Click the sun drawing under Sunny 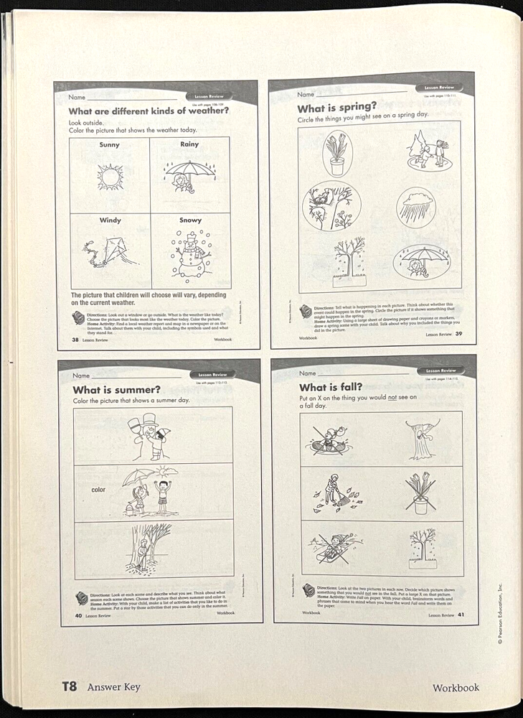click(x=110, y=176)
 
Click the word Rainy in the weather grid click(x=190, y=145)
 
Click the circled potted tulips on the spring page click(x=336, y=154)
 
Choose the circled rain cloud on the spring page click(x=416, y=206)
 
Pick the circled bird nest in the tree click(x=331, y=206)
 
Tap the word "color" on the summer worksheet click(x=98, y=490)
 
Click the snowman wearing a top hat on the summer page click(x=151, y=435)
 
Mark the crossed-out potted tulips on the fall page click(x=420, y=493)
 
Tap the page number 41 click(x=461, y=615)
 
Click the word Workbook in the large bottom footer click(x=456, y=687)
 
